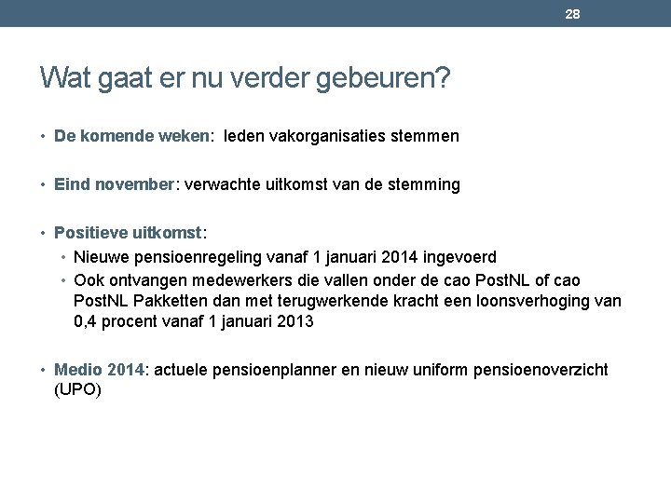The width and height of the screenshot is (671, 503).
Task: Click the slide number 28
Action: [574, 15]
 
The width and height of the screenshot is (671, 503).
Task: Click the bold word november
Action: [130, 184]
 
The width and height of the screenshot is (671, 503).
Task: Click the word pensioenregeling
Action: [187, 256]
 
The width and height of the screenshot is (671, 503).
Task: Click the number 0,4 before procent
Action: [87, 322]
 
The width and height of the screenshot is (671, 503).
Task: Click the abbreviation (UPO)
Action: [77, 390]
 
